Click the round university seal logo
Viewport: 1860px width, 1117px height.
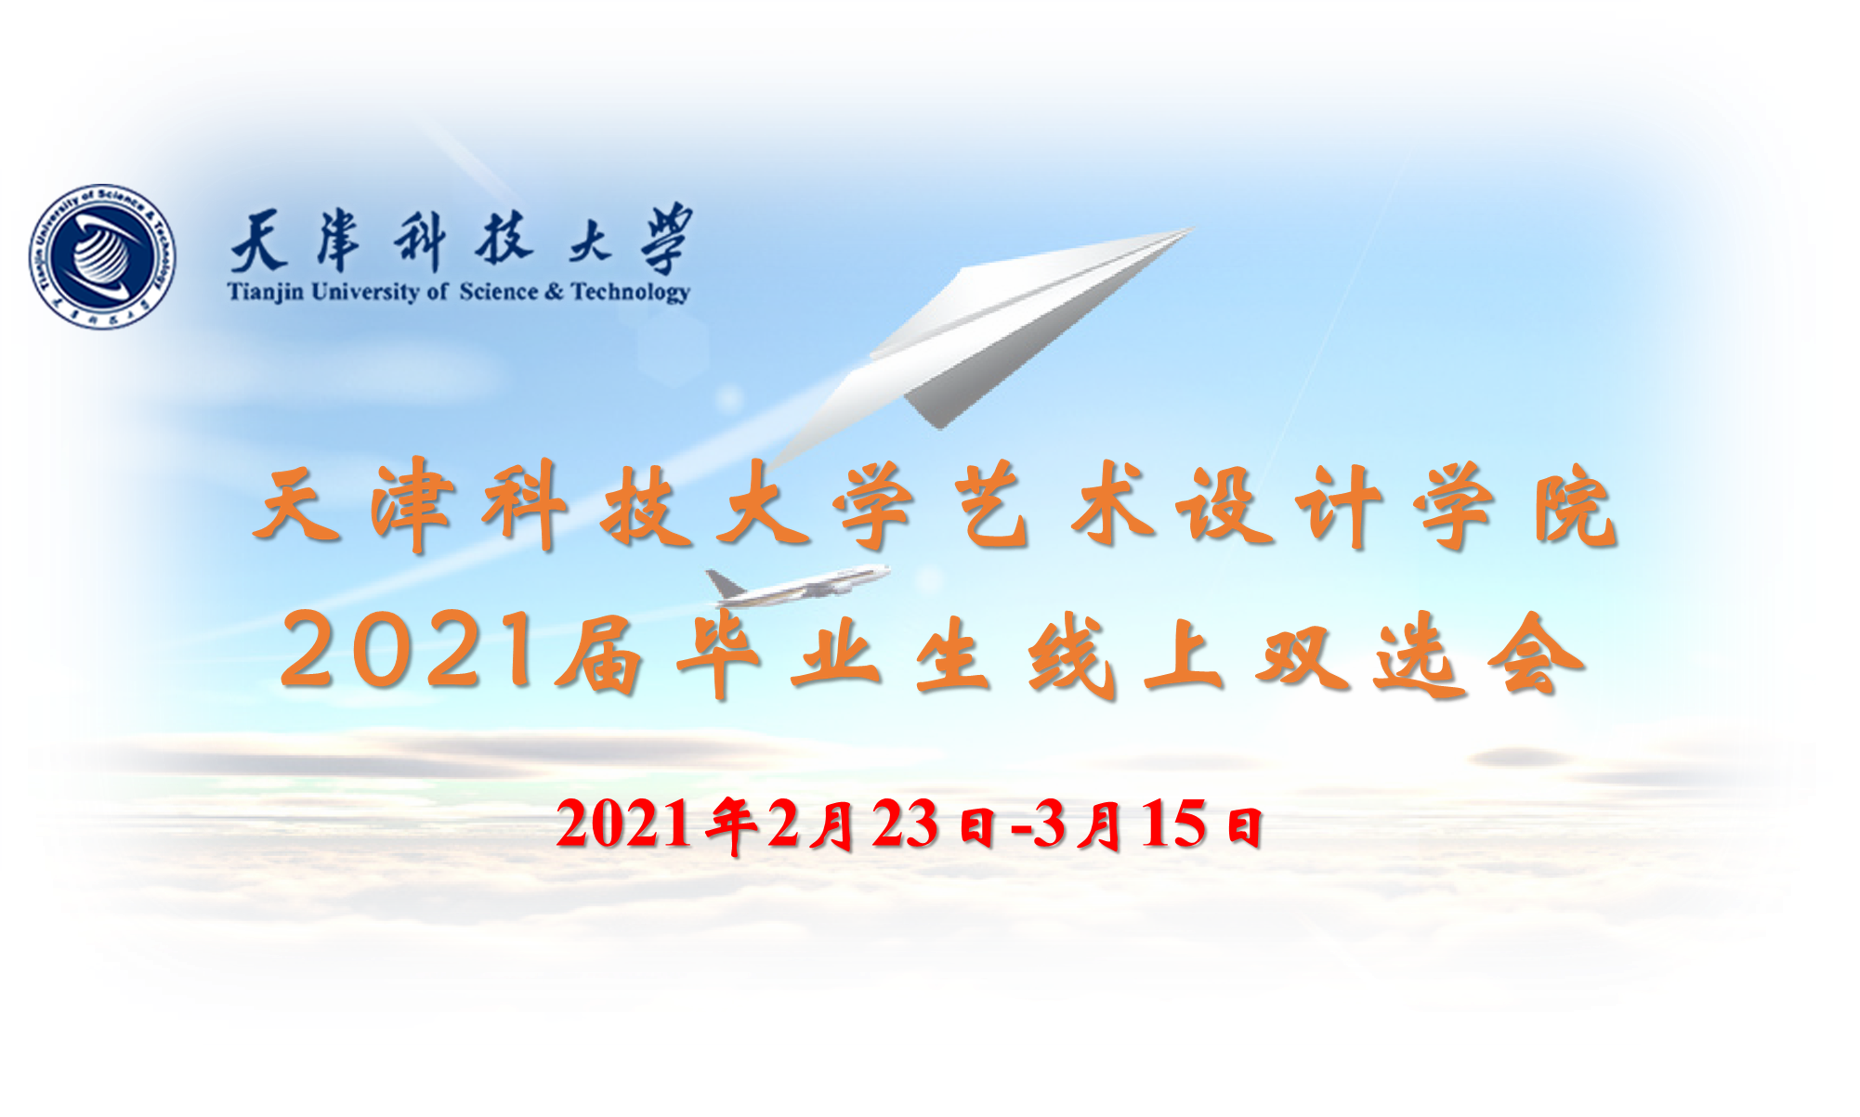(x=102, y=256)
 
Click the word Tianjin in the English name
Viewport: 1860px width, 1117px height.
(x=266, y=292)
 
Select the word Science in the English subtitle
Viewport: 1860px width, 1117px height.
(x=498, y=291)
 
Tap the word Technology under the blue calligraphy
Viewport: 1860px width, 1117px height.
(x=630, y=292)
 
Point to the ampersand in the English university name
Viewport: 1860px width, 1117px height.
(x=554, y=292)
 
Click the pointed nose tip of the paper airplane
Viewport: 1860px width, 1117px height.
(x=1193, y=229)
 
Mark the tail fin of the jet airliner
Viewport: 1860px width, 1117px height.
(x=723, y=582)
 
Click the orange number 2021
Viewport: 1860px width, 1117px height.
(x=410, y=651)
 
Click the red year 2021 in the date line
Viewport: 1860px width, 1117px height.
(x=623, y=824)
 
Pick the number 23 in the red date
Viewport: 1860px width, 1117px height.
(x=905, y=824)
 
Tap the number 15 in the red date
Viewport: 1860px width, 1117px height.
(x=1175, y=824)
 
